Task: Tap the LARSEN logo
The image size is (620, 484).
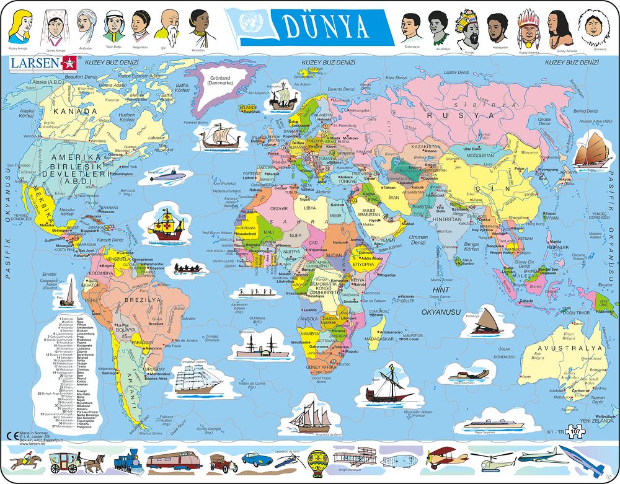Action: pyautogui.click(x=42, y=62)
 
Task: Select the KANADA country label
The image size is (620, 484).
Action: pyautogui.click(x=75, y=111)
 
